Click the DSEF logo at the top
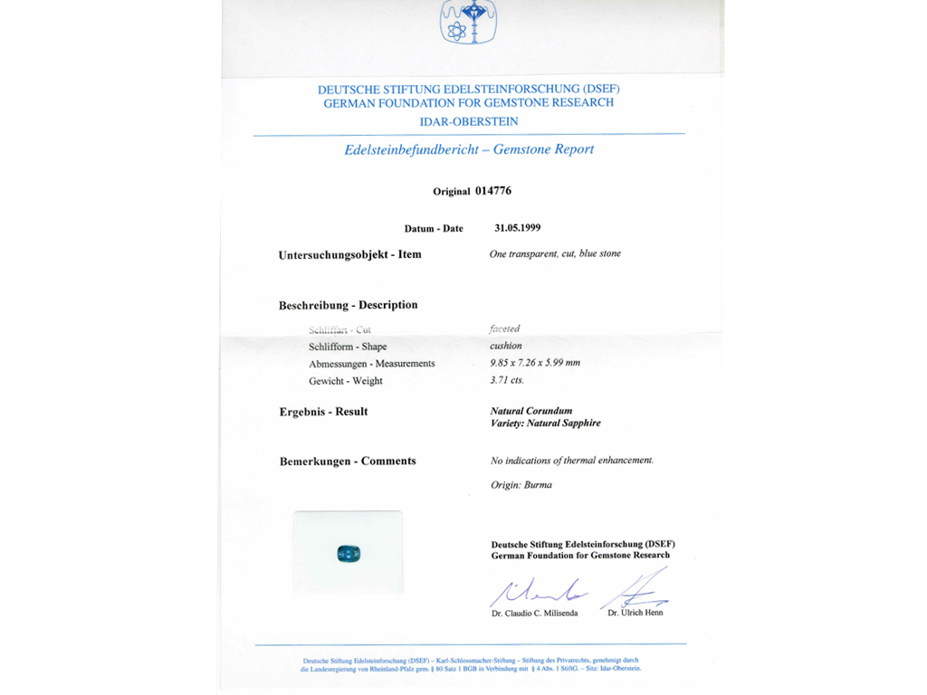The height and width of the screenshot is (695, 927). click(469, 22)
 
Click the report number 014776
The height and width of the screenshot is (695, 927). click(493, 191)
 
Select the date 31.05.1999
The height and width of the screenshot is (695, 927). click(518, 228)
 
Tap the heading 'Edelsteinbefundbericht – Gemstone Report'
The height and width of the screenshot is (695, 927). click(469, 149)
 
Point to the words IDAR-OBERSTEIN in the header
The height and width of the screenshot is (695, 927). click(469, 121)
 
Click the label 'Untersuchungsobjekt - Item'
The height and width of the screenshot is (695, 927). click(349, 255)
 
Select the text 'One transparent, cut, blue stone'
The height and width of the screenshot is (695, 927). click(555, 254)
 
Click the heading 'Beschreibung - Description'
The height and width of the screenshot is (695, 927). click(348, 305)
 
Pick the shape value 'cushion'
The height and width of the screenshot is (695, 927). click(506, 346)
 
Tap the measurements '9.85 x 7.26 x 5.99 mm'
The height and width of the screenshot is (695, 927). click(535, 363)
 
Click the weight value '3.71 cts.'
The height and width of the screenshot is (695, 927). click(507, 380)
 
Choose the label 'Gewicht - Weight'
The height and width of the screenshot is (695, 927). click(345, 381)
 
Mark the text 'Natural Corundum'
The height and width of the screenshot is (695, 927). click(531, 411)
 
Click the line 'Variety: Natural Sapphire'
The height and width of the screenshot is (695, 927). click(545, 424)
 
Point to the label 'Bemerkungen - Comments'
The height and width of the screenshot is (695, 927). click(348, 462)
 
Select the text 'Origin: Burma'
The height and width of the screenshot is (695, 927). click(521, 485)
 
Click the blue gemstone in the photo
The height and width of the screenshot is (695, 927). click(349, 553)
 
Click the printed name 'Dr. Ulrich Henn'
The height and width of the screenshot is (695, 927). click(635, 613)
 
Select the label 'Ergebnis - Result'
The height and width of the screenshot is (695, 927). click(323, 412)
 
